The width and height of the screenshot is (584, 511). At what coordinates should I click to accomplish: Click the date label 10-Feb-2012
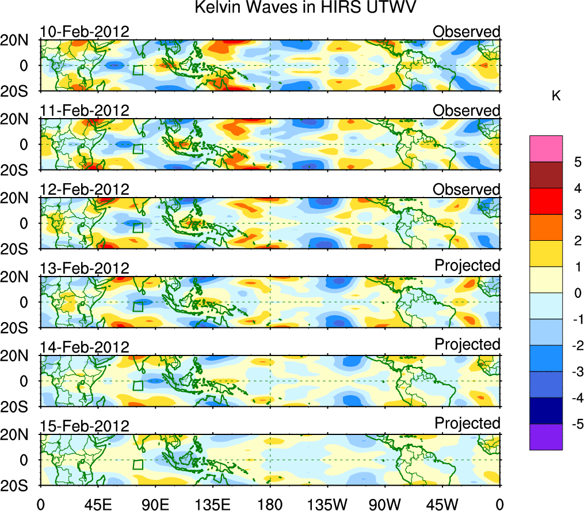point(85,31)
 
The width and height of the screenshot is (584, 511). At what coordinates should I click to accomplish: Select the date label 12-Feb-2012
point(85,189)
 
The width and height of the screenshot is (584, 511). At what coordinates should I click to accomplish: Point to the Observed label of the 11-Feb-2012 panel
point(467,110)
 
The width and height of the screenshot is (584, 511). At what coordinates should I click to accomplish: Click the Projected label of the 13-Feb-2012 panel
point(467,265)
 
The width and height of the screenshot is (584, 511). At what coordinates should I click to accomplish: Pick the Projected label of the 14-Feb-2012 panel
point(467,344)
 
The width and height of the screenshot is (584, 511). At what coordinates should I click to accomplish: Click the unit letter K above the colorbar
point(556,96)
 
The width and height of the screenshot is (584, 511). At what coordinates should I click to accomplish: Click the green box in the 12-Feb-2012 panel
point(138,228)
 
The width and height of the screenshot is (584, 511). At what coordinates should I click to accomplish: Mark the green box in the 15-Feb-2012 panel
point(138,464)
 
